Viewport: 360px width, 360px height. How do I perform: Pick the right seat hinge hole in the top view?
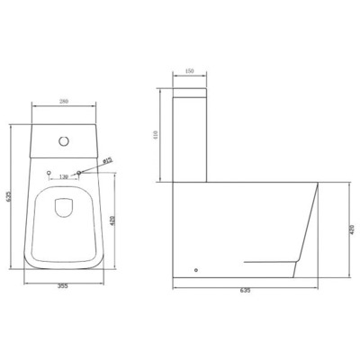[79, 173]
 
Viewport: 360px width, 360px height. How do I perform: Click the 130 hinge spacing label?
[63, 176]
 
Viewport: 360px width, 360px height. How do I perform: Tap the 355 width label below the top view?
[62, 287]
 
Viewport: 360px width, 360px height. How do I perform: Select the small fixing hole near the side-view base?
[195, 269]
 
